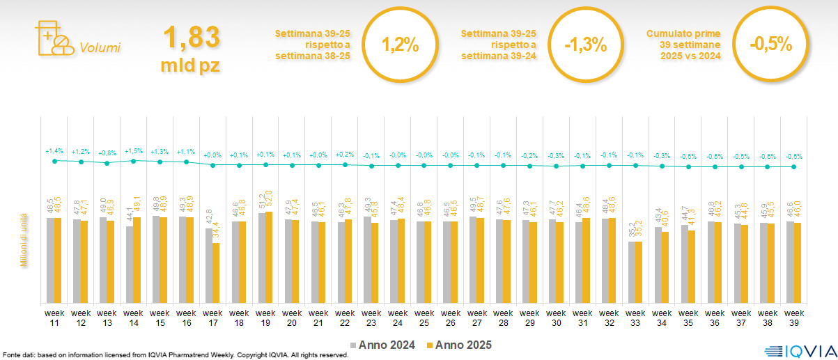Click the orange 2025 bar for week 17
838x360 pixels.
click(216, 273)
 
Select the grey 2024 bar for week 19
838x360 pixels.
click(261, 258)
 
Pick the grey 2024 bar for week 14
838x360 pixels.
click(129, 265)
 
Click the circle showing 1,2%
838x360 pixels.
click(400, 45)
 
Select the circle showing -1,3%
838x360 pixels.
click(585, 45)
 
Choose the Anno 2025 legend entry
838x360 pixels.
click(460, 345)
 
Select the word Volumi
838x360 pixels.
click(100, 48)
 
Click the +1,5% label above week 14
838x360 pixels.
click(133, 150)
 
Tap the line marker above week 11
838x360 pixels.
click(54, 161)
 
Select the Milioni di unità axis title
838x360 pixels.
click(23, 240)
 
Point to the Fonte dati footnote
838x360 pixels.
click(174, 355)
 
